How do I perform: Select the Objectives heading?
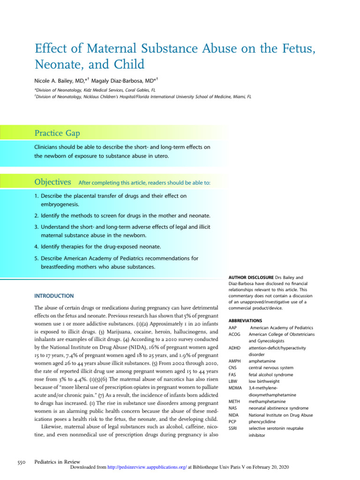pyautogui.click(x=53, y=181)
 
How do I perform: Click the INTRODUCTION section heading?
pyautogui.click(x=54, y=296)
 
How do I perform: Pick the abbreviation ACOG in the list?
pyautogui.click(x=234, y=334)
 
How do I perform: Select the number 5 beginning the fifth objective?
pyautogui.click(x=36, y=258)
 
